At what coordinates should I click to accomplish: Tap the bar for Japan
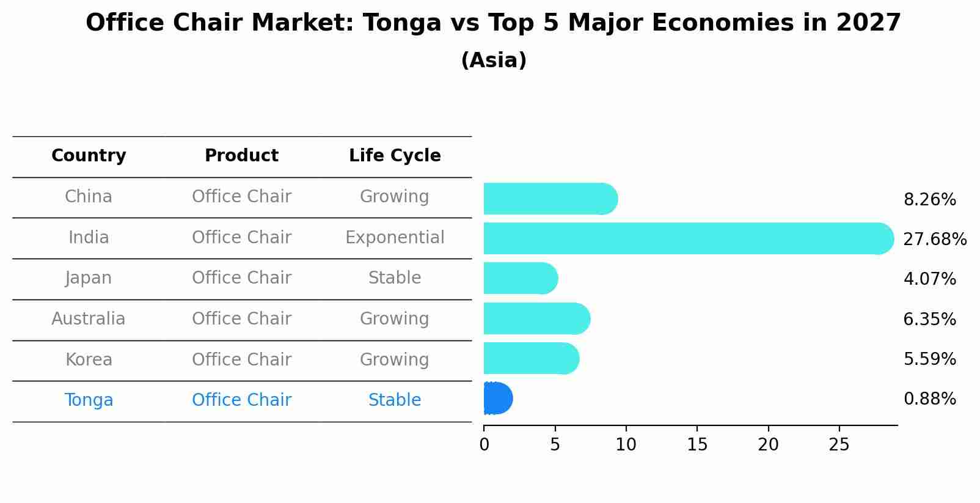520,278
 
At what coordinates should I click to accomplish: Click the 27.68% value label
934,239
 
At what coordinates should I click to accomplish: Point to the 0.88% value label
929,399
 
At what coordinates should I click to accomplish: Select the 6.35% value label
929,319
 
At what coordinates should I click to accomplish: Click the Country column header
89,156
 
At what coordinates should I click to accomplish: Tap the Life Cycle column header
395,156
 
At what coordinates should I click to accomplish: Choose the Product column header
241,156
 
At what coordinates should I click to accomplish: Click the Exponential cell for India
395,238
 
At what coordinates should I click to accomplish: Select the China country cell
89,197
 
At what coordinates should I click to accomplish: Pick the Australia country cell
89,319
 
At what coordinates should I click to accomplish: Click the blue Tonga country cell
89,400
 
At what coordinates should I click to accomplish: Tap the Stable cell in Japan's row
395,278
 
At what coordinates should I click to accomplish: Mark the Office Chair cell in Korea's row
241,359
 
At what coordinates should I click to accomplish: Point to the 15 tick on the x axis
697,444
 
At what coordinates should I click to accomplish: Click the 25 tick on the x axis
839,444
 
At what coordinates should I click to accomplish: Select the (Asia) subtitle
494,61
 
